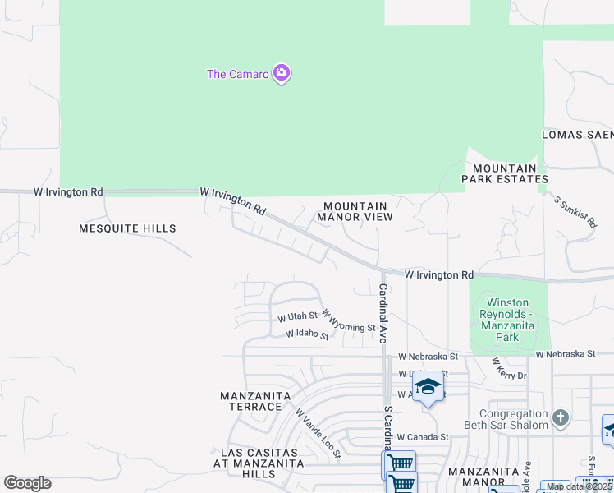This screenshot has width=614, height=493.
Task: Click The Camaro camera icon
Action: click(x=282, y=74)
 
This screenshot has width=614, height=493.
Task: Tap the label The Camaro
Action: click(x=237, y=74)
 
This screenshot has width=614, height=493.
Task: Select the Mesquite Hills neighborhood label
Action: click(x=127, y=228)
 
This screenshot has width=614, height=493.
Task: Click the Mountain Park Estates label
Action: click(x=504, y=173)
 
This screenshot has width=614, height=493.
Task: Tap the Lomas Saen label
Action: click(x=577, y=135)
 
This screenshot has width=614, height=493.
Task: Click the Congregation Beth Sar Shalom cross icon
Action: click(x=561, y=418)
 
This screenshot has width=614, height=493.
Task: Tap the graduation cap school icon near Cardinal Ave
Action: click(x=428, y=387)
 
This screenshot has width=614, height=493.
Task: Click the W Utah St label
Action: click(x=297, y=316)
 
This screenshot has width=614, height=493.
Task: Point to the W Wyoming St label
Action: click(x=348, y=321)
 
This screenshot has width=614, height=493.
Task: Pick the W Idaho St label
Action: click(x=307, y=335)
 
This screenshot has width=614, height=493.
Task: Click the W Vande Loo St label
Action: click(x=318, y=435)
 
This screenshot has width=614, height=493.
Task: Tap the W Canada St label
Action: click(x=423, y=437)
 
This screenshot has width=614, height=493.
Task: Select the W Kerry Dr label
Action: click(x=509, y=369)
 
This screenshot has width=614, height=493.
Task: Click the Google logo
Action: click(x=27, y=483)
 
